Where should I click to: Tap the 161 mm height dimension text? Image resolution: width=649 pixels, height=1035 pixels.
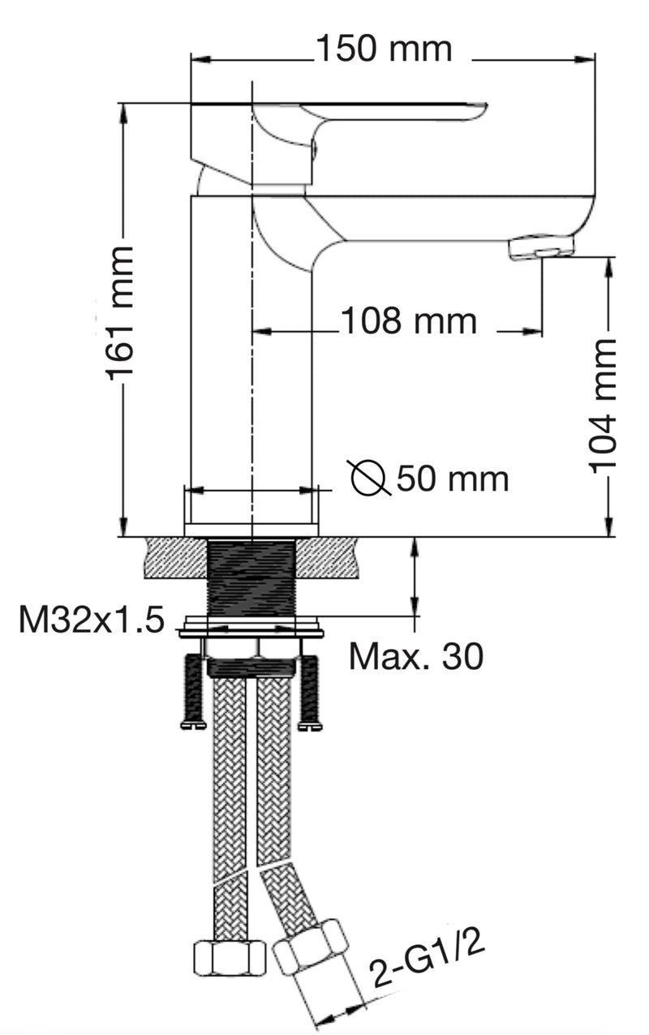pyautogui.click(x=122, y=312)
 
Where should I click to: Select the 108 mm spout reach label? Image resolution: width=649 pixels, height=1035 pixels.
pyautogui.click(x=408, y=322)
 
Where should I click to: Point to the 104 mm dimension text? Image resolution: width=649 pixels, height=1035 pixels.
pyautogui.click(x=603, y=406)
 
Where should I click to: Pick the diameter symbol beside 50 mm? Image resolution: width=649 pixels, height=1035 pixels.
pyautogui.click(x=370, y=478)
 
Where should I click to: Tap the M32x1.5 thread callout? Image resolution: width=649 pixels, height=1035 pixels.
pyautogui.click(x=91, y=621)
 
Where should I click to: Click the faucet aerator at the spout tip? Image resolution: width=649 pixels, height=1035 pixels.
pyautogui.click(x=540, y=247)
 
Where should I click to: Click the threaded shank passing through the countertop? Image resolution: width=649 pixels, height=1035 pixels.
pyautogui.click(x=251, y=576)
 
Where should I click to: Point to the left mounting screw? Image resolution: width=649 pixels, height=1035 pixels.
pyautogui.click(x=193, y=689)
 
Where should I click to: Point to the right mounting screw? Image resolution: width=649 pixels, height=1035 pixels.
pyautogui.click(x=310, y=689)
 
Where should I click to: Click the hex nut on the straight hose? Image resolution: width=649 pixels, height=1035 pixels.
pyautogui.click(x=230, y=958)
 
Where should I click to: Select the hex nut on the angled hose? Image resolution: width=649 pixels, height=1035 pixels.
pyautogui.click(x=310, y=946)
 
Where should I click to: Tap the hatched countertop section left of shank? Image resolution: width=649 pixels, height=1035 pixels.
pyautogui.click(x=174, y=558)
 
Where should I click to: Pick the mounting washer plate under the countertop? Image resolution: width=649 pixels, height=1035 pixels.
pyautogui.click(x=251, y=627)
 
